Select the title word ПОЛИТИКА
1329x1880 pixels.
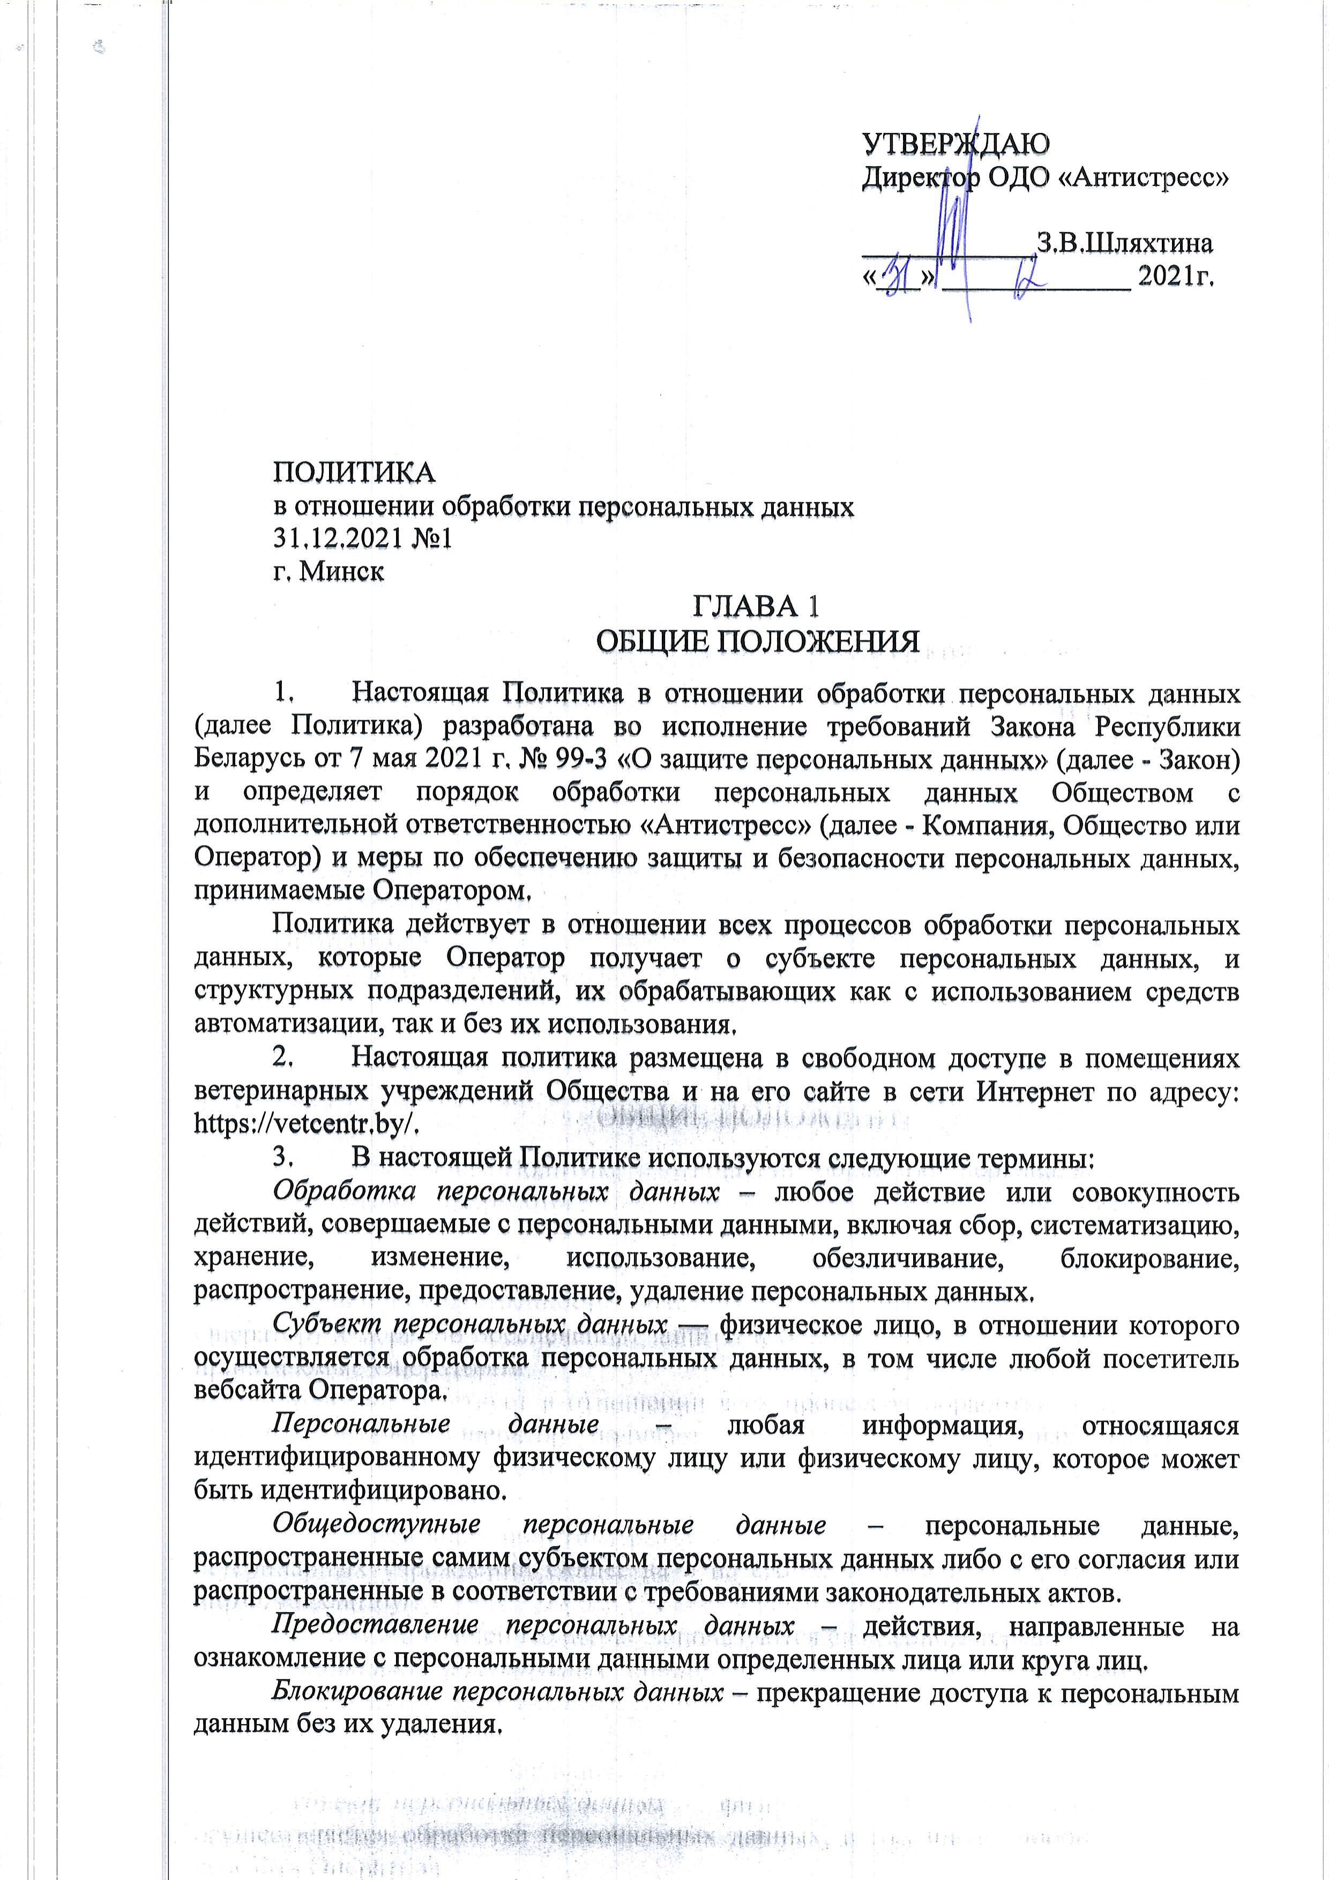pyautogui.click(x=354, y=473)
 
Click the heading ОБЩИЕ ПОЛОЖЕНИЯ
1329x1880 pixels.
pyautogui.click(x=757, y=641)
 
